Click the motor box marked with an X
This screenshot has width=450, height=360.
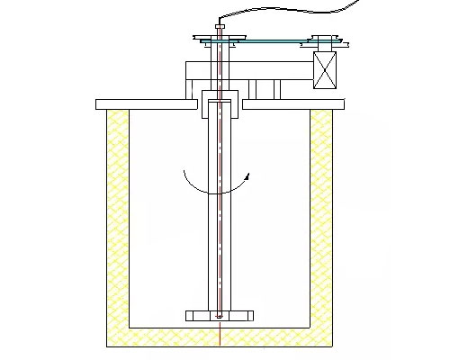pos(324,69)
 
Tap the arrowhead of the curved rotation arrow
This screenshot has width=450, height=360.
pos(244,181)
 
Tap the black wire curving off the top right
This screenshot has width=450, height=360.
pos(288,11)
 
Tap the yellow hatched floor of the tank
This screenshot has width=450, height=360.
pos(220,337)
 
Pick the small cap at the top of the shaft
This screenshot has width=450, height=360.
pos(220,28)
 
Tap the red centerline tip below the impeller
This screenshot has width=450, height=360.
pos(220,343)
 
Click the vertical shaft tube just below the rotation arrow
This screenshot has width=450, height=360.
pos(220,234)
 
